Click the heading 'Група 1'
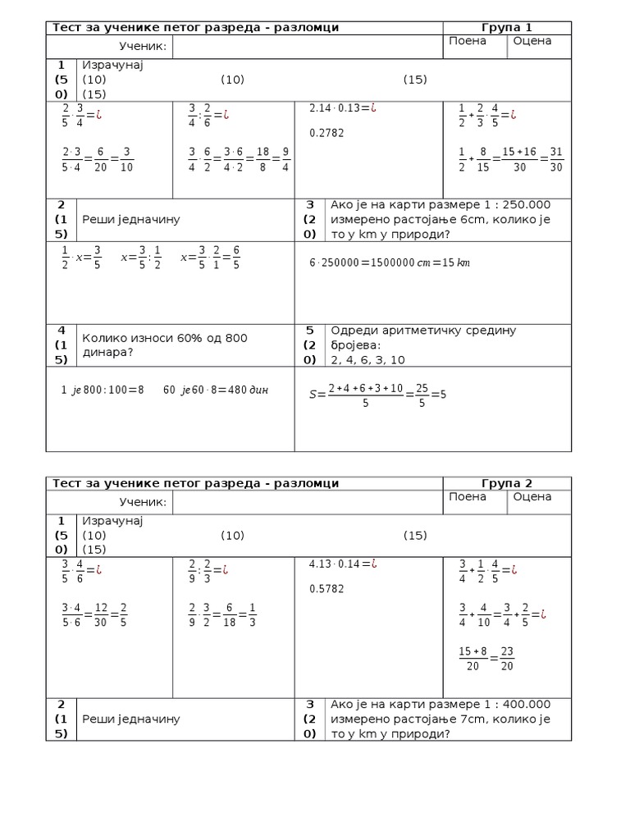tap(507, 28)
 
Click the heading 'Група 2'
tap(507, 483)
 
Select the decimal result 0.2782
tap(326, 132)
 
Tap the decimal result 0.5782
tap(326, 588)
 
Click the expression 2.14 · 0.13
tap(337, 107)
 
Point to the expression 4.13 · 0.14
tap(337, 564)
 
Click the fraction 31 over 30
tap(556, 159)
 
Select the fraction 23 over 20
tap(506, 658)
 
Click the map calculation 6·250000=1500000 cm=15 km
tap(390, 262)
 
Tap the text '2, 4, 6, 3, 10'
tap(367, 359)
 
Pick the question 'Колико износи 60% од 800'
tap(164, 338)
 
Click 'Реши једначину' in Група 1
tap(131, 219)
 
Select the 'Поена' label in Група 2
tap(468, 496)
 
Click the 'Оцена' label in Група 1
tap(532, 41)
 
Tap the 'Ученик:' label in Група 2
tap(143, 502)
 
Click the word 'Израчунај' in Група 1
tap(112, 66)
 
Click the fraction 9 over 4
tap(285, 159)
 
